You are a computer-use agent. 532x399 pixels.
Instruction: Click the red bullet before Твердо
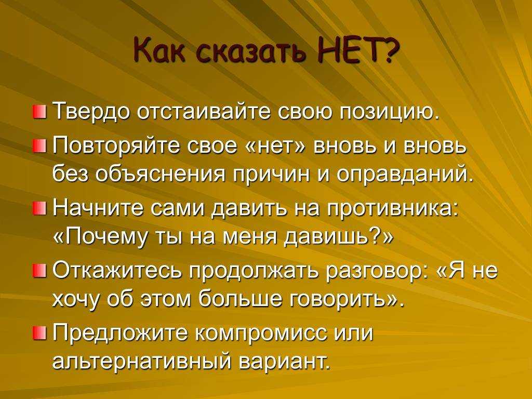pos(39,112)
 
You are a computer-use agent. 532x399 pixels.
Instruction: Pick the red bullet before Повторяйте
pos(39,147)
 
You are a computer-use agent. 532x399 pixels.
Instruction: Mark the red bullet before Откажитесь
pos(39,271)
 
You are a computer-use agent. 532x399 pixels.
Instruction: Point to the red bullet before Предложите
pos(39,332)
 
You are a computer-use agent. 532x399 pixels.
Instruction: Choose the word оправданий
pos(405,173)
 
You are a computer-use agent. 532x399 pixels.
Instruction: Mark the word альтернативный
pos(143,361)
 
